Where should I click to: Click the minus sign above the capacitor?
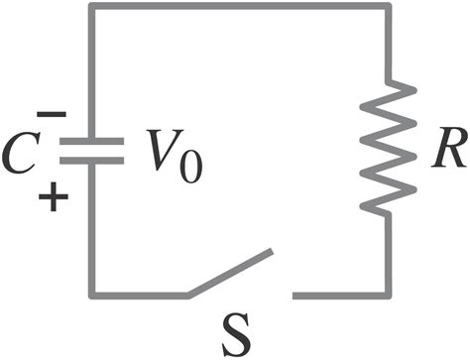[x=57, y=115]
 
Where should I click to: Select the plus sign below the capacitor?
[x=57, y=196]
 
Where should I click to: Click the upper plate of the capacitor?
[x=91, y=143]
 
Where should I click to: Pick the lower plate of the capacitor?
[x=91, y=162]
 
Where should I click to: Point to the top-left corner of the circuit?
[x=91, y=7]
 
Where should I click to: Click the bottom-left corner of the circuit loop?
[x=91, y=295]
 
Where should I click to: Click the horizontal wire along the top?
[x=238, y=7]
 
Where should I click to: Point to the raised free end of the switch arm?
[x=270, y=254]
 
